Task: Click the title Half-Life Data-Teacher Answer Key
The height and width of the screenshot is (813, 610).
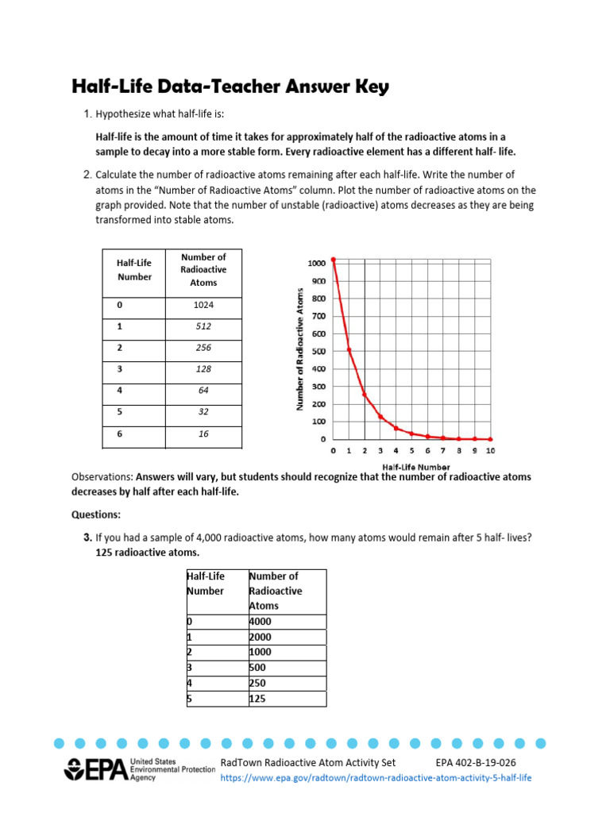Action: point(230,87)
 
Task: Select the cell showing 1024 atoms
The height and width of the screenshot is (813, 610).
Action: point(203,304)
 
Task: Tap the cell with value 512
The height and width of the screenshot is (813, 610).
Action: point(203,326)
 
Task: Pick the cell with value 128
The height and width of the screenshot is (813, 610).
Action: point(203,369)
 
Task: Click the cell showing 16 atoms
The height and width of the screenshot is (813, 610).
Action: point(203,434)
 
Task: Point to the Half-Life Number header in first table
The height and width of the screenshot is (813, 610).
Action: point(134,270)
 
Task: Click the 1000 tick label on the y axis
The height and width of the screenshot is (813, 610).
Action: point(316,264)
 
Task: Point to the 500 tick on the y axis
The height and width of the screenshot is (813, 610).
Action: point(318,352)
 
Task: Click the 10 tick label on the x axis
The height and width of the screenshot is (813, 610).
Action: point(490,451)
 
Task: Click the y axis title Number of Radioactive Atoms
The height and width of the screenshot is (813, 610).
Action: point(300,349)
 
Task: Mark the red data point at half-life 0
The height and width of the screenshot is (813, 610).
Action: point(334,259)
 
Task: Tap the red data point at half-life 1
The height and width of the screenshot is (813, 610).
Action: point(349,349)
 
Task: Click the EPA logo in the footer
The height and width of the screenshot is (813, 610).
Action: point(95,770)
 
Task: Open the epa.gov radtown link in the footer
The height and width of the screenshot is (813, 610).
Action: point(376,778)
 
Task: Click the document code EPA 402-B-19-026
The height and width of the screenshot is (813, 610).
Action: point(481,763)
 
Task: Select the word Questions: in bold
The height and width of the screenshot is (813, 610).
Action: point(97,514)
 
